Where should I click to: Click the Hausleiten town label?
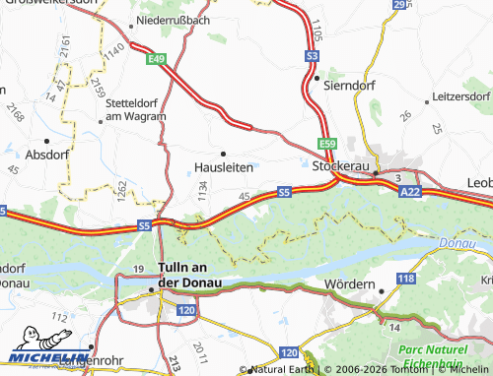click(x=223, y=168)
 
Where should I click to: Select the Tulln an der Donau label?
click(x=190, y=275)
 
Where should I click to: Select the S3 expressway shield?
click(x=312, y=58)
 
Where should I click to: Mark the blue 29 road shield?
click(x=399, y=5)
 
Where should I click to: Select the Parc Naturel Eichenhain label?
click(x=440, y=356)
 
